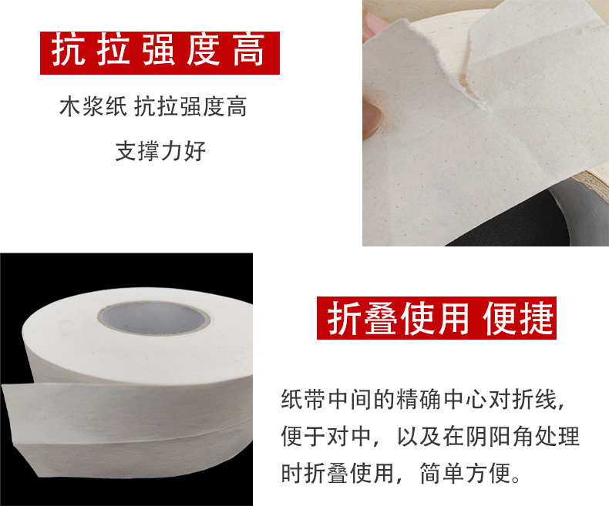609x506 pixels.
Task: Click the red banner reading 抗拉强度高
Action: [x=160, y=53]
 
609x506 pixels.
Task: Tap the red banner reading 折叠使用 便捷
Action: [x=436, y=318]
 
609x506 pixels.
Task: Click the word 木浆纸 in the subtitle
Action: [x=93, y=106]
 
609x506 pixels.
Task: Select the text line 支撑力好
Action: [x=160, y=150]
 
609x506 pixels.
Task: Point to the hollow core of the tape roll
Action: [x=154, y=319]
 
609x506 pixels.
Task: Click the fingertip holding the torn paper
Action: [x=372, y=116]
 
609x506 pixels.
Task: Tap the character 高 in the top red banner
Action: [x=248, y=51]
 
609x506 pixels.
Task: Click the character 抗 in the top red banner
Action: [x=69, y=51]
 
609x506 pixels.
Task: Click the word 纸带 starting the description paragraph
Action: [x=304, y=399]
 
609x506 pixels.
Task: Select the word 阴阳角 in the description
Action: [x=500, y=436]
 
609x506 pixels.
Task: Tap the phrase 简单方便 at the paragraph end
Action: [x=466, y=473]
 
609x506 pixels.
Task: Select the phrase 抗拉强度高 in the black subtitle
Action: [x=190, y=106]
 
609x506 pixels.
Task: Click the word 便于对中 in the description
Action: [x=326, y=436]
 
